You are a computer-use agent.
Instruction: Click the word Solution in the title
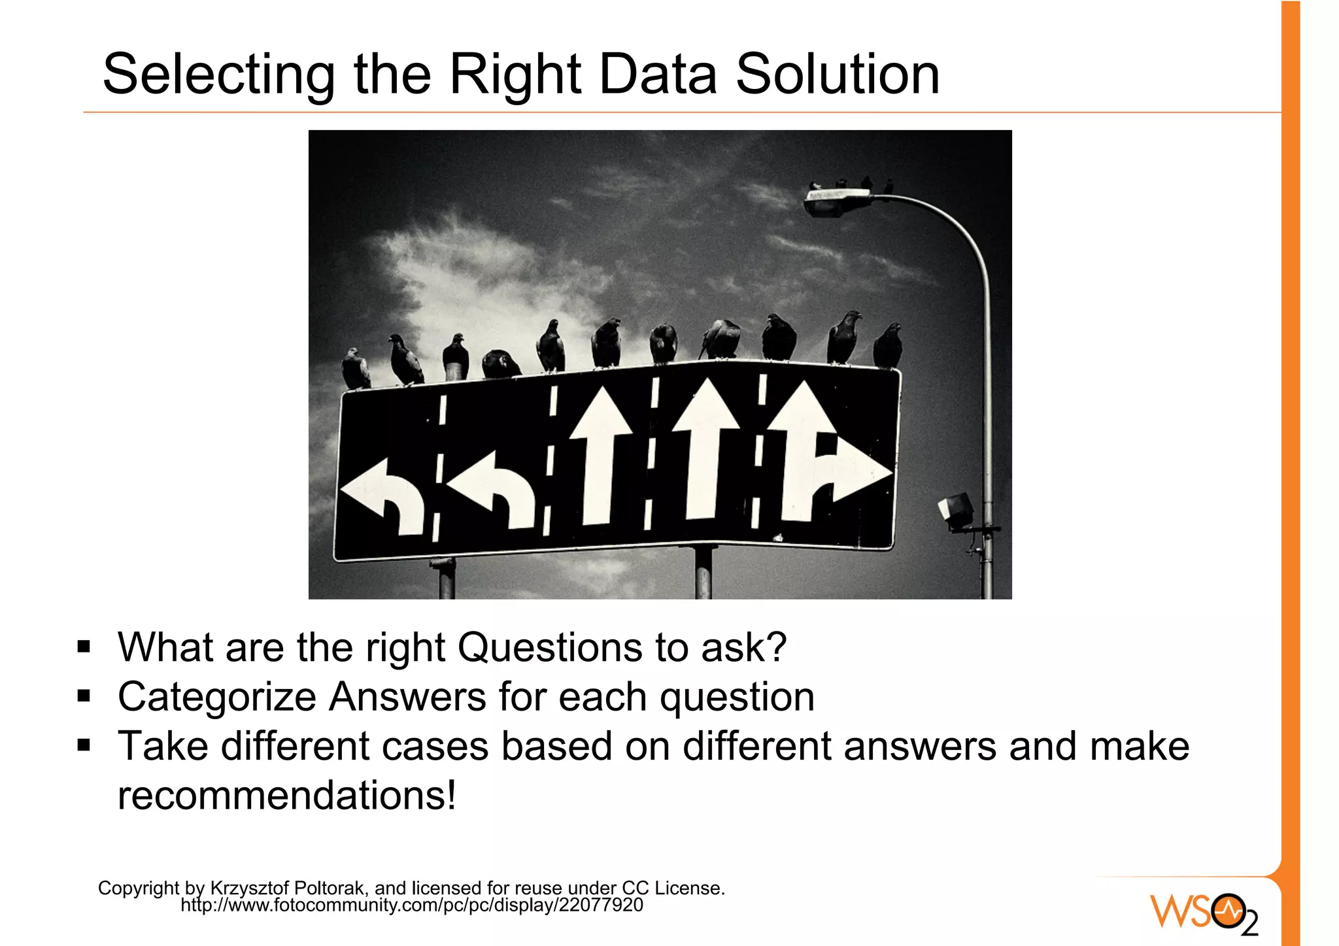click(838, 74)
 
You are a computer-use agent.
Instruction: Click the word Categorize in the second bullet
click(216, 697)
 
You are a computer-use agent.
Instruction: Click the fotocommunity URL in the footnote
click(412, 905)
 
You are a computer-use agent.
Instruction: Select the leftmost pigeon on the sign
click(355, 369)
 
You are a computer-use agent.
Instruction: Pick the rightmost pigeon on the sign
click(888, 346)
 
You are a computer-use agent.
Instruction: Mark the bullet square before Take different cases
click(84, 745)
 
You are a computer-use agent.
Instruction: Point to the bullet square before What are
click(84, 647)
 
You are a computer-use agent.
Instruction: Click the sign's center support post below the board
click(703, 573)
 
